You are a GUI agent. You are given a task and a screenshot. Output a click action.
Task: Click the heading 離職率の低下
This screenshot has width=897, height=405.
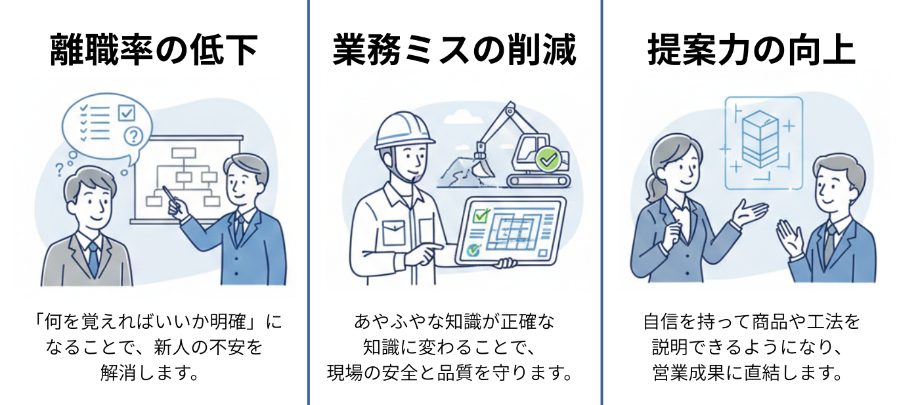154,51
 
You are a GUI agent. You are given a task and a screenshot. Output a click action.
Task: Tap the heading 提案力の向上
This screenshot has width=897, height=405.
751,51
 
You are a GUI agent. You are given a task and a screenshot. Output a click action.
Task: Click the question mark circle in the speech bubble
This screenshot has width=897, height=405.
133,136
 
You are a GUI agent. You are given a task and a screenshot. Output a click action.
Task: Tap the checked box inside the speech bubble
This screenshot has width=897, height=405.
126,113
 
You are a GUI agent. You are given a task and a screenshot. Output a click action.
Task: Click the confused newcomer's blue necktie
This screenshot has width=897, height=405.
93,259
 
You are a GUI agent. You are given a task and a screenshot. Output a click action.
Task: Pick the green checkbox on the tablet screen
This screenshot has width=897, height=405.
483,215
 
